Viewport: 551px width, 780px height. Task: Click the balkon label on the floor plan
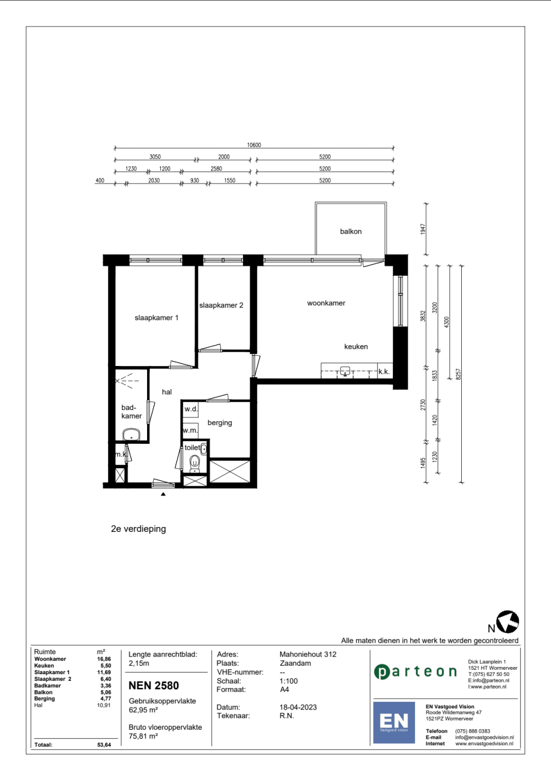pos(350,232)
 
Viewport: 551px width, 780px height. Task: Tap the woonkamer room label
pos(326,303)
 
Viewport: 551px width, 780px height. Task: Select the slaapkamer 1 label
pos(156,318)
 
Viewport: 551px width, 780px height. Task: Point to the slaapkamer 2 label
pos(221,305)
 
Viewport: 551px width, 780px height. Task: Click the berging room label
pos(219,423)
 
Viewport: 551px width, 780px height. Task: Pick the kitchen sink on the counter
pos(345,371)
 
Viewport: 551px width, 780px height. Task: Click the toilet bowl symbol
pos(195,462)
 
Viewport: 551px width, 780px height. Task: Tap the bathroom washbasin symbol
pos(131,435)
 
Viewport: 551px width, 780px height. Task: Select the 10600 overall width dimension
pos(254,145)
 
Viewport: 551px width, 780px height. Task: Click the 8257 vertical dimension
pos(458,374)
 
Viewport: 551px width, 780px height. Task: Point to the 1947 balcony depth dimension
pos(423,229)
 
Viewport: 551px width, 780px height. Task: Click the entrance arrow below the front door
pos(163,494)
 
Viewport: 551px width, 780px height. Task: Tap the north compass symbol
pos(507,622)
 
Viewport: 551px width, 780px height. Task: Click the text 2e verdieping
pos(138,529)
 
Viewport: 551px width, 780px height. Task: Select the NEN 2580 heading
pos(154,686)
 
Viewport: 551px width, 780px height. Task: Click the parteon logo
pos(415,671)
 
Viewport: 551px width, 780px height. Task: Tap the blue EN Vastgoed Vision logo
pos(394,722)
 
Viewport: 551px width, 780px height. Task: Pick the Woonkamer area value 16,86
pos(104,659)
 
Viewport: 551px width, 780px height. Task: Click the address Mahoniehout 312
pos(307,654)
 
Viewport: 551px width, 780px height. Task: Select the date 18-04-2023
pos(298,707)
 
